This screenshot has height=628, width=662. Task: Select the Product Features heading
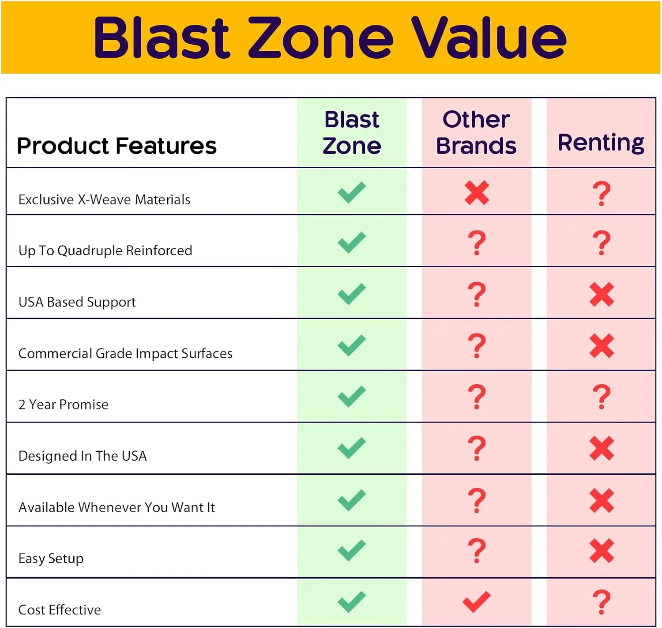[x=117, y=146]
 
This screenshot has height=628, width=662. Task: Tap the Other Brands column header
[x=476, y=132]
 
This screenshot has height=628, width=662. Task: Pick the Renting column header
[x=601, y=143]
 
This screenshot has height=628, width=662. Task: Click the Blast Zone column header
[x=352, y=132]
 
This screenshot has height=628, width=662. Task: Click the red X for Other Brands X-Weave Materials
[x=477, y=193]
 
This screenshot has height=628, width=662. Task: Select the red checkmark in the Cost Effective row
[x=476, y=602]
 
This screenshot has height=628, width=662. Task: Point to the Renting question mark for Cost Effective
[x=602, y=602]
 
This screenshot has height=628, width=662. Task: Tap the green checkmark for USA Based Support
[x=352, y=294]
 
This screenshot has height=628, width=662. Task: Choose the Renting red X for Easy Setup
[x=602, y=551]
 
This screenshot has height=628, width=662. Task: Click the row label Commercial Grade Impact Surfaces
[x=125, y=354]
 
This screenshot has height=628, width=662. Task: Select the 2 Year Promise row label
[x=63, y=405]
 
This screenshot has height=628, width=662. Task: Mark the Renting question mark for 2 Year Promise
[x=602, y=397]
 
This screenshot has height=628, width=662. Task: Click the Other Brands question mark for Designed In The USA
[x=477, y=448]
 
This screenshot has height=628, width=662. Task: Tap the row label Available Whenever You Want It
[x=117, y=507]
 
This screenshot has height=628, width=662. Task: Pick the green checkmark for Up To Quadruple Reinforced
[x=352, y=242]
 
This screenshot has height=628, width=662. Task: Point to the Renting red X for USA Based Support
[x=602, y=295]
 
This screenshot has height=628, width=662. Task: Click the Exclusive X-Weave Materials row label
[x=105, y=200]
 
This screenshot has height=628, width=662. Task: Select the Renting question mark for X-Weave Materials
[x=602, y=194]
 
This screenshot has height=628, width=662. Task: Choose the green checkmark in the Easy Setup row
[x=352, y=550]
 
